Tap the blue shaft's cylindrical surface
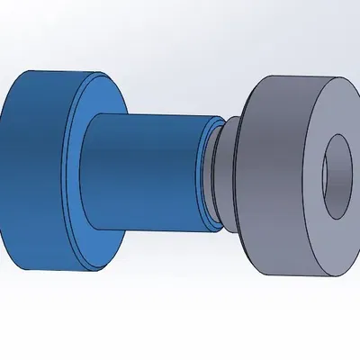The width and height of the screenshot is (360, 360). tap(144, 171)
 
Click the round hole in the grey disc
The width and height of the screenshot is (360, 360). tap(337, 175)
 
